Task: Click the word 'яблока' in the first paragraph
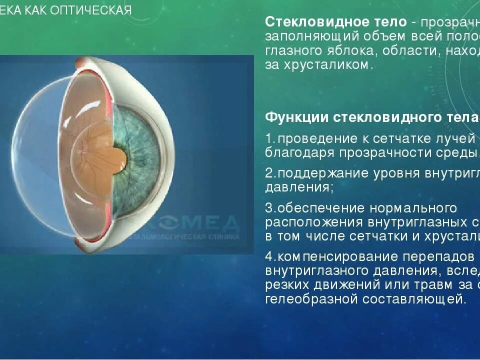pos(357,51)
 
